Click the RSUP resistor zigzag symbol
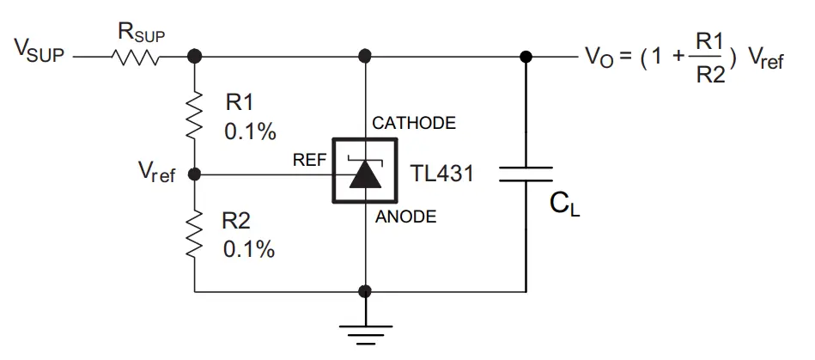135,56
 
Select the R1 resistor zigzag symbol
194,114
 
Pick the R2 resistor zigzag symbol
194,233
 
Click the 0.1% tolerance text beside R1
250,132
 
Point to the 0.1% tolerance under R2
249,250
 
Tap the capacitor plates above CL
526,174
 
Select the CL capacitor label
564,206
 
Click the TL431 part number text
441,174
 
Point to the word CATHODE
414,123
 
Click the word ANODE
406,217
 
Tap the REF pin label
310,160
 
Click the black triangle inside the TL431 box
365,174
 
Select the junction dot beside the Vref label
194,174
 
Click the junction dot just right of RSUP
194,56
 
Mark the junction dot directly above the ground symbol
365,291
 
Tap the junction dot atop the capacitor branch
526,56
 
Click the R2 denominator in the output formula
710,76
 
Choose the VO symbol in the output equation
599,57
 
